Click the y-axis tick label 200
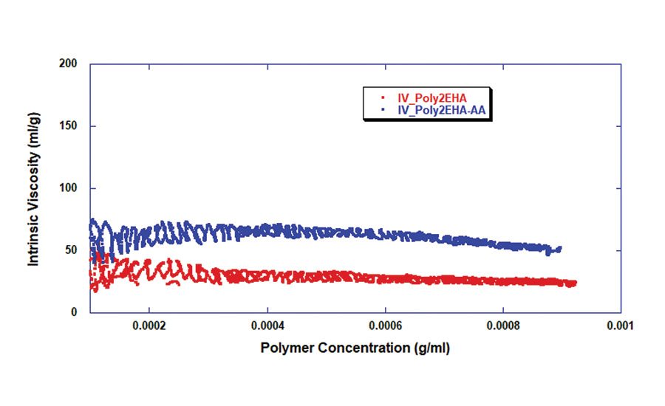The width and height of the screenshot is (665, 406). click(x=69, y=63)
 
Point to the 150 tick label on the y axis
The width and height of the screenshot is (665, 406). click(x=69, y=126)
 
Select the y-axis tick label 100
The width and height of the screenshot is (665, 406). click(x=69, y=188)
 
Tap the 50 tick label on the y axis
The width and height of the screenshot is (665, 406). click(x=72, y=250)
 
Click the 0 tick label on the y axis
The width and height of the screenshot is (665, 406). click(x=75, y=312)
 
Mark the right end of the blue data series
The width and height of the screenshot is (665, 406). click(x=560, y=249)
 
